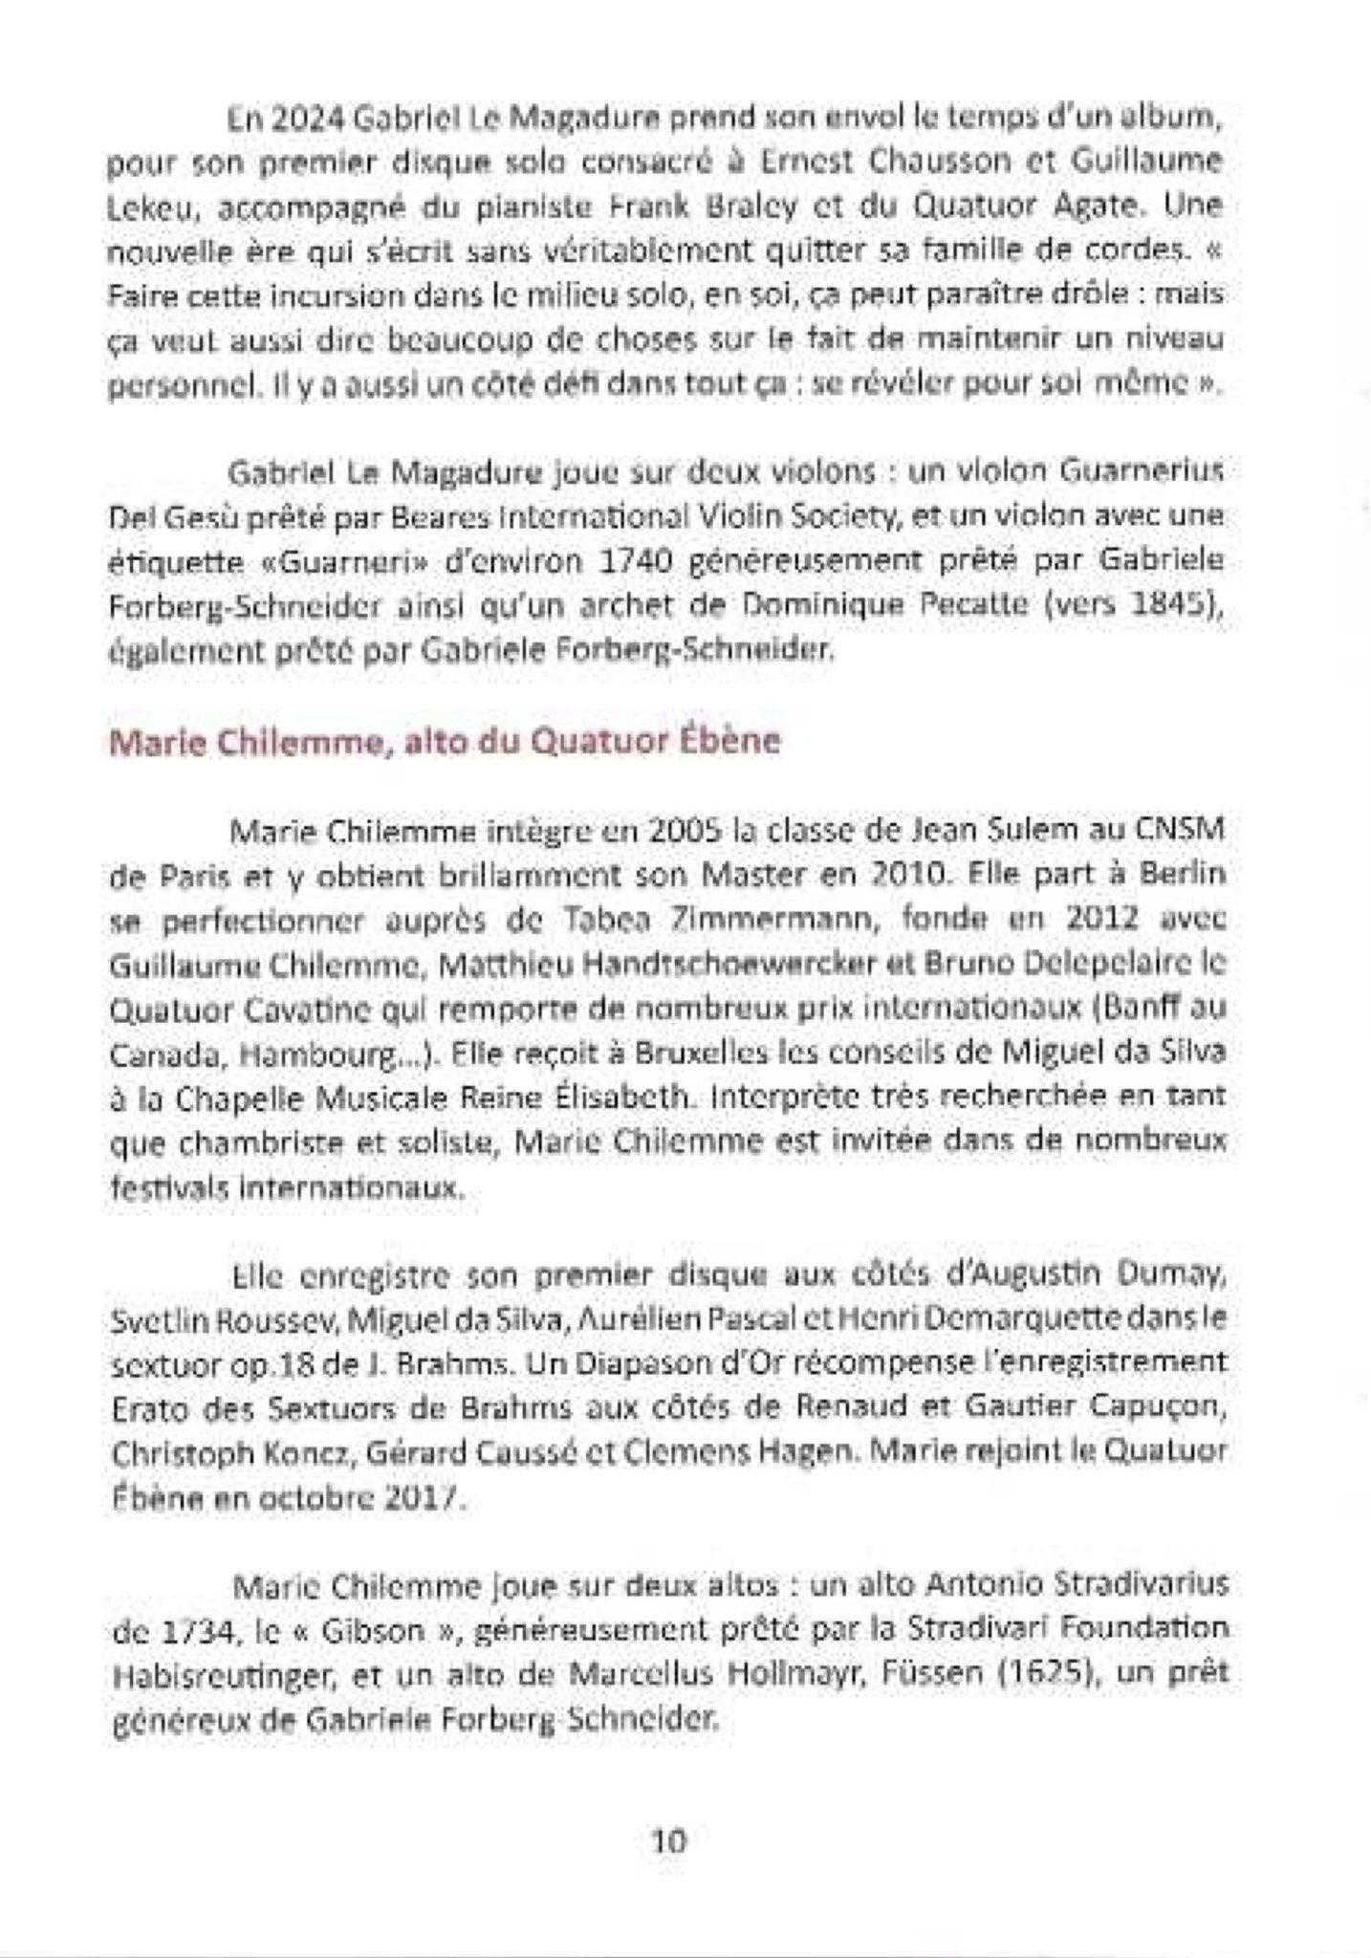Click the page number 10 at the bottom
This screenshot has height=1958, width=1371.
tap(668, 1840)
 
